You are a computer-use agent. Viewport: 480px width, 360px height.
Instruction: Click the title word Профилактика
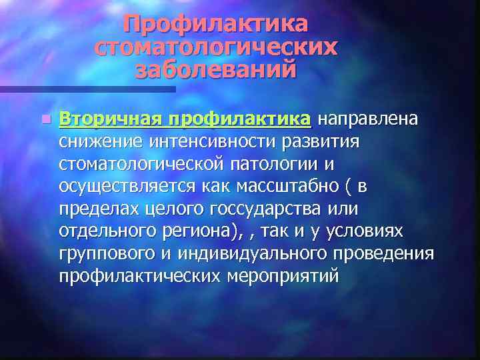coord(215,25)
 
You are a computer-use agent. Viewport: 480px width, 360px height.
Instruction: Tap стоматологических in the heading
coord(215,47)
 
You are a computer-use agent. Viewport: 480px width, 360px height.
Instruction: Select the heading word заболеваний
coord(215,69)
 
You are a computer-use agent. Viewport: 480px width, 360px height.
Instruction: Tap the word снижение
coord(101,141)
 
